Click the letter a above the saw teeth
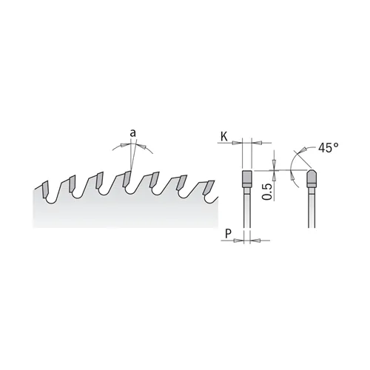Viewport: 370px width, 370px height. [132, 133]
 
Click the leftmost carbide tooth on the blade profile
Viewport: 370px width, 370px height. [45, 189]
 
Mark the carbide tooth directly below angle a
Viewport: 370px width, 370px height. [127, 179]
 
